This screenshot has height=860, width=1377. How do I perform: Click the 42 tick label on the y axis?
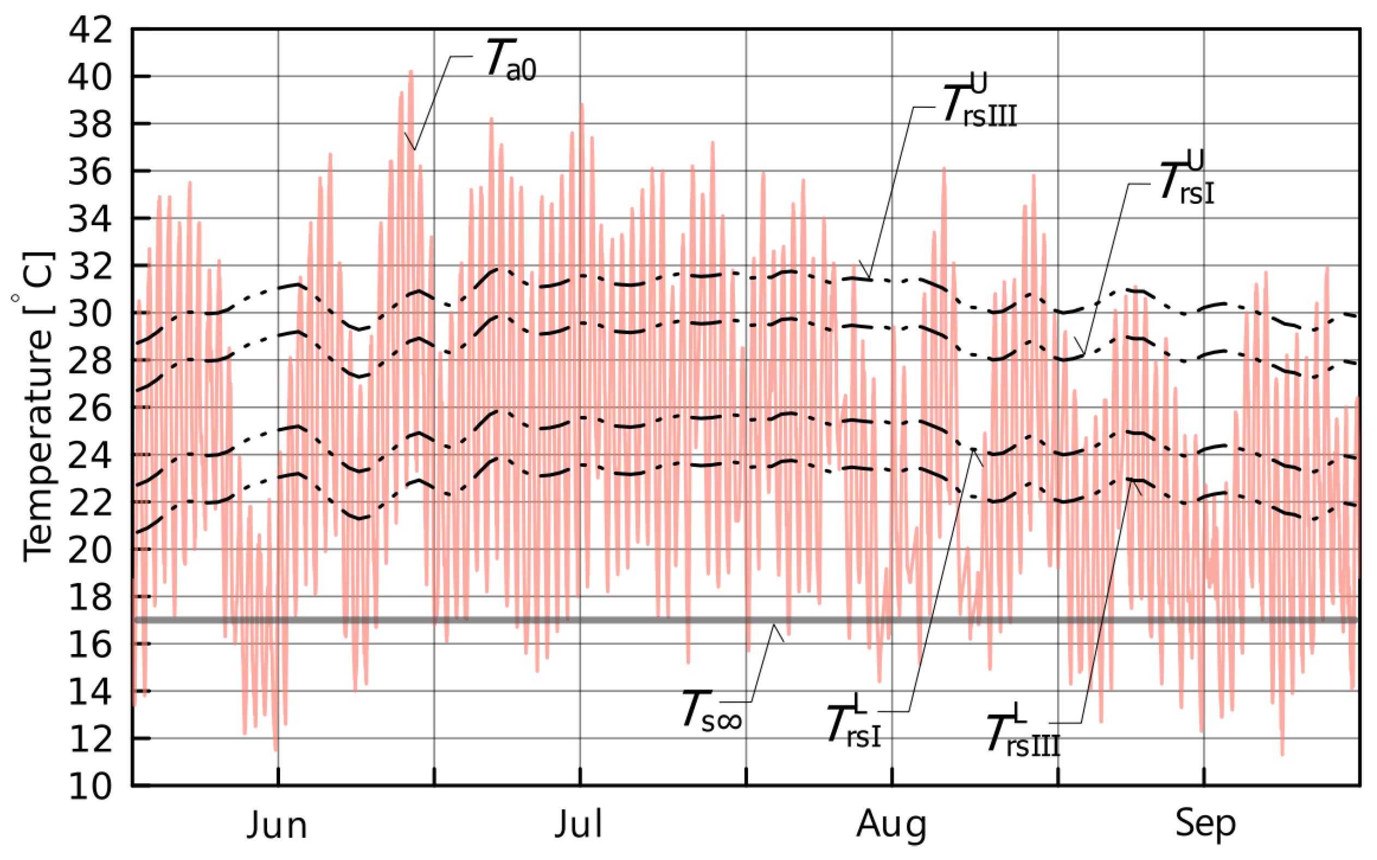(x=90, y=29)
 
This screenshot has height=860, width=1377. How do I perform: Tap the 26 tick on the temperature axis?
(x=90, y=408)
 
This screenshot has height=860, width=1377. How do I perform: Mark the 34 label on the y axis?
(x=90, y=219)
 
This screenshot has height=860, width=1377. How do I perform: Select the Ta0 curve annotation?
(x=511, y=60)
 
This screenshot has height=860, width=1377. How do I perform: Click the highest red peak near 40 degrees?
(x=411, y=72)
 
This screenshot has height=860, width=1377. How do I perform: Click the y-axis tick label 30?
(x=90, y=313)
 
